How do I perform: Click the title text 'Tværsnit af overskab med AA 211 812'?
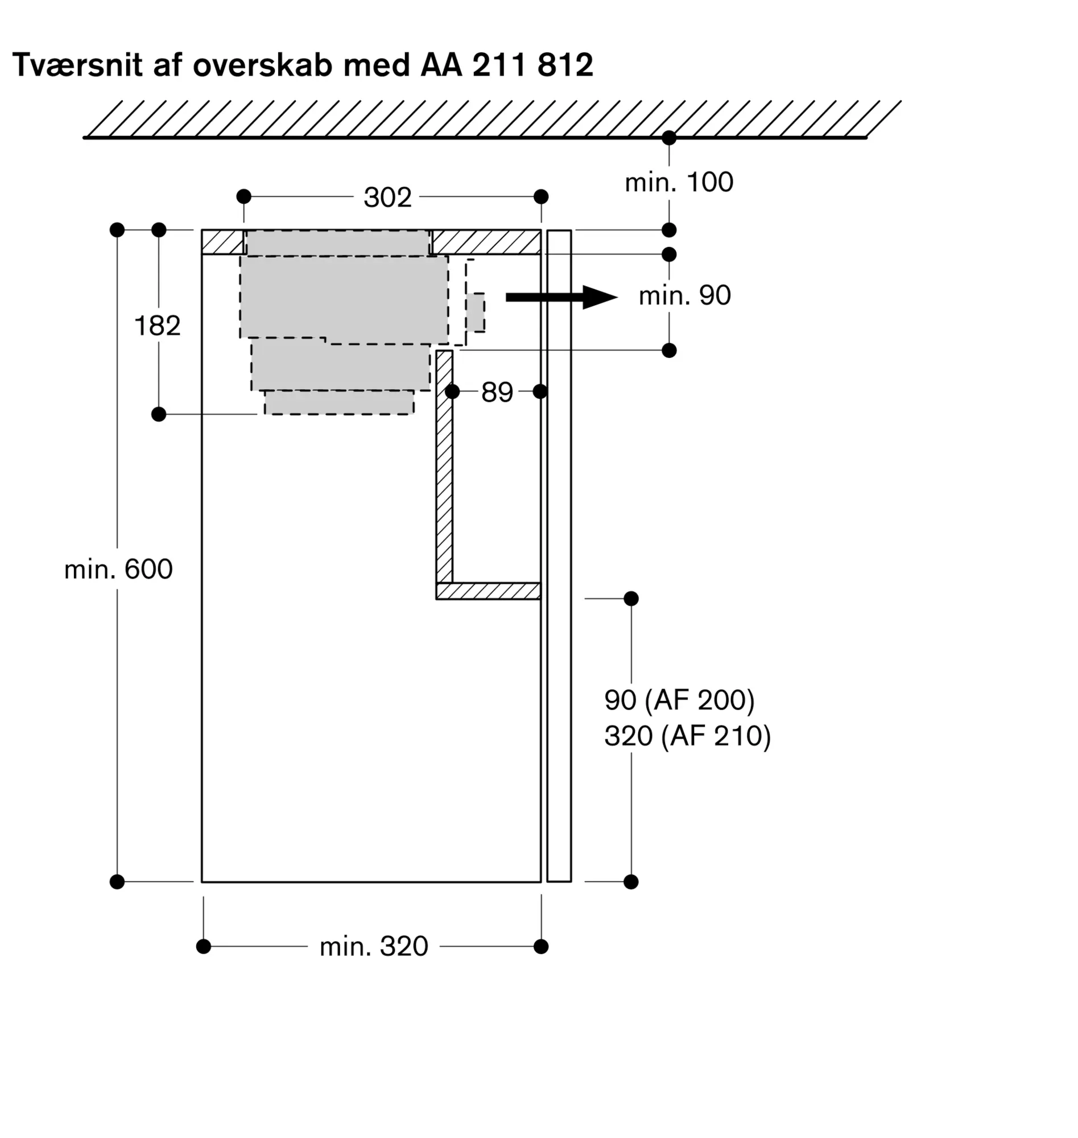coord(302,64)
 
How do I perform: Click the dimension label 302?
coord(387,197)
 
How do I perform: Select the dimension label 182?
coord(157,326)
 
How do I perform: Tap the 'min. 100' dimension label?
coord(679,182)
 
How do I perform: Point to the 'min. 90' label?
coord(684,295)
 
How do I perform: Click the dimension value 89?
coord(497,392)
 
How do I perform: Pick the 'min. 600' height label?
coord(118,569)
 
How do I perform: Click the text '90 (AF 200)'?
coord(679,700)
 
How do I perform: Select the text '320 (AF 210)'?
coord(687,736)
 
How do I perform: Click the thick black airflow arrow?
coord(561,297)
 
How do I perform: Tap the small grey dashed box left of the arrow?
coord(475,312)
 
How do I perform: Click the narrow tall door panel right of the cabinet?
coord(559,556)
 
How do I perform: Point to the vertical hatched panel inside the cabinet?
coord(444,467)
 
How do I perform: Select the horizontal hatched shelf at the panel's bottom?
coord(489,591)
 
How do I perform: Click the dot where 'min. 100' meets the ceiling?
coord(669,138)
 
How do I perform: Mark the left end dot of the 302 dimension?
coord(243,196)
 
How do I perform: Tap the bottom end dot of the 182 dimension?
coord(159,414)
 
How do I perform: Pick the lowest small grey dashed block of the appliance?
coord(339,402)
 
